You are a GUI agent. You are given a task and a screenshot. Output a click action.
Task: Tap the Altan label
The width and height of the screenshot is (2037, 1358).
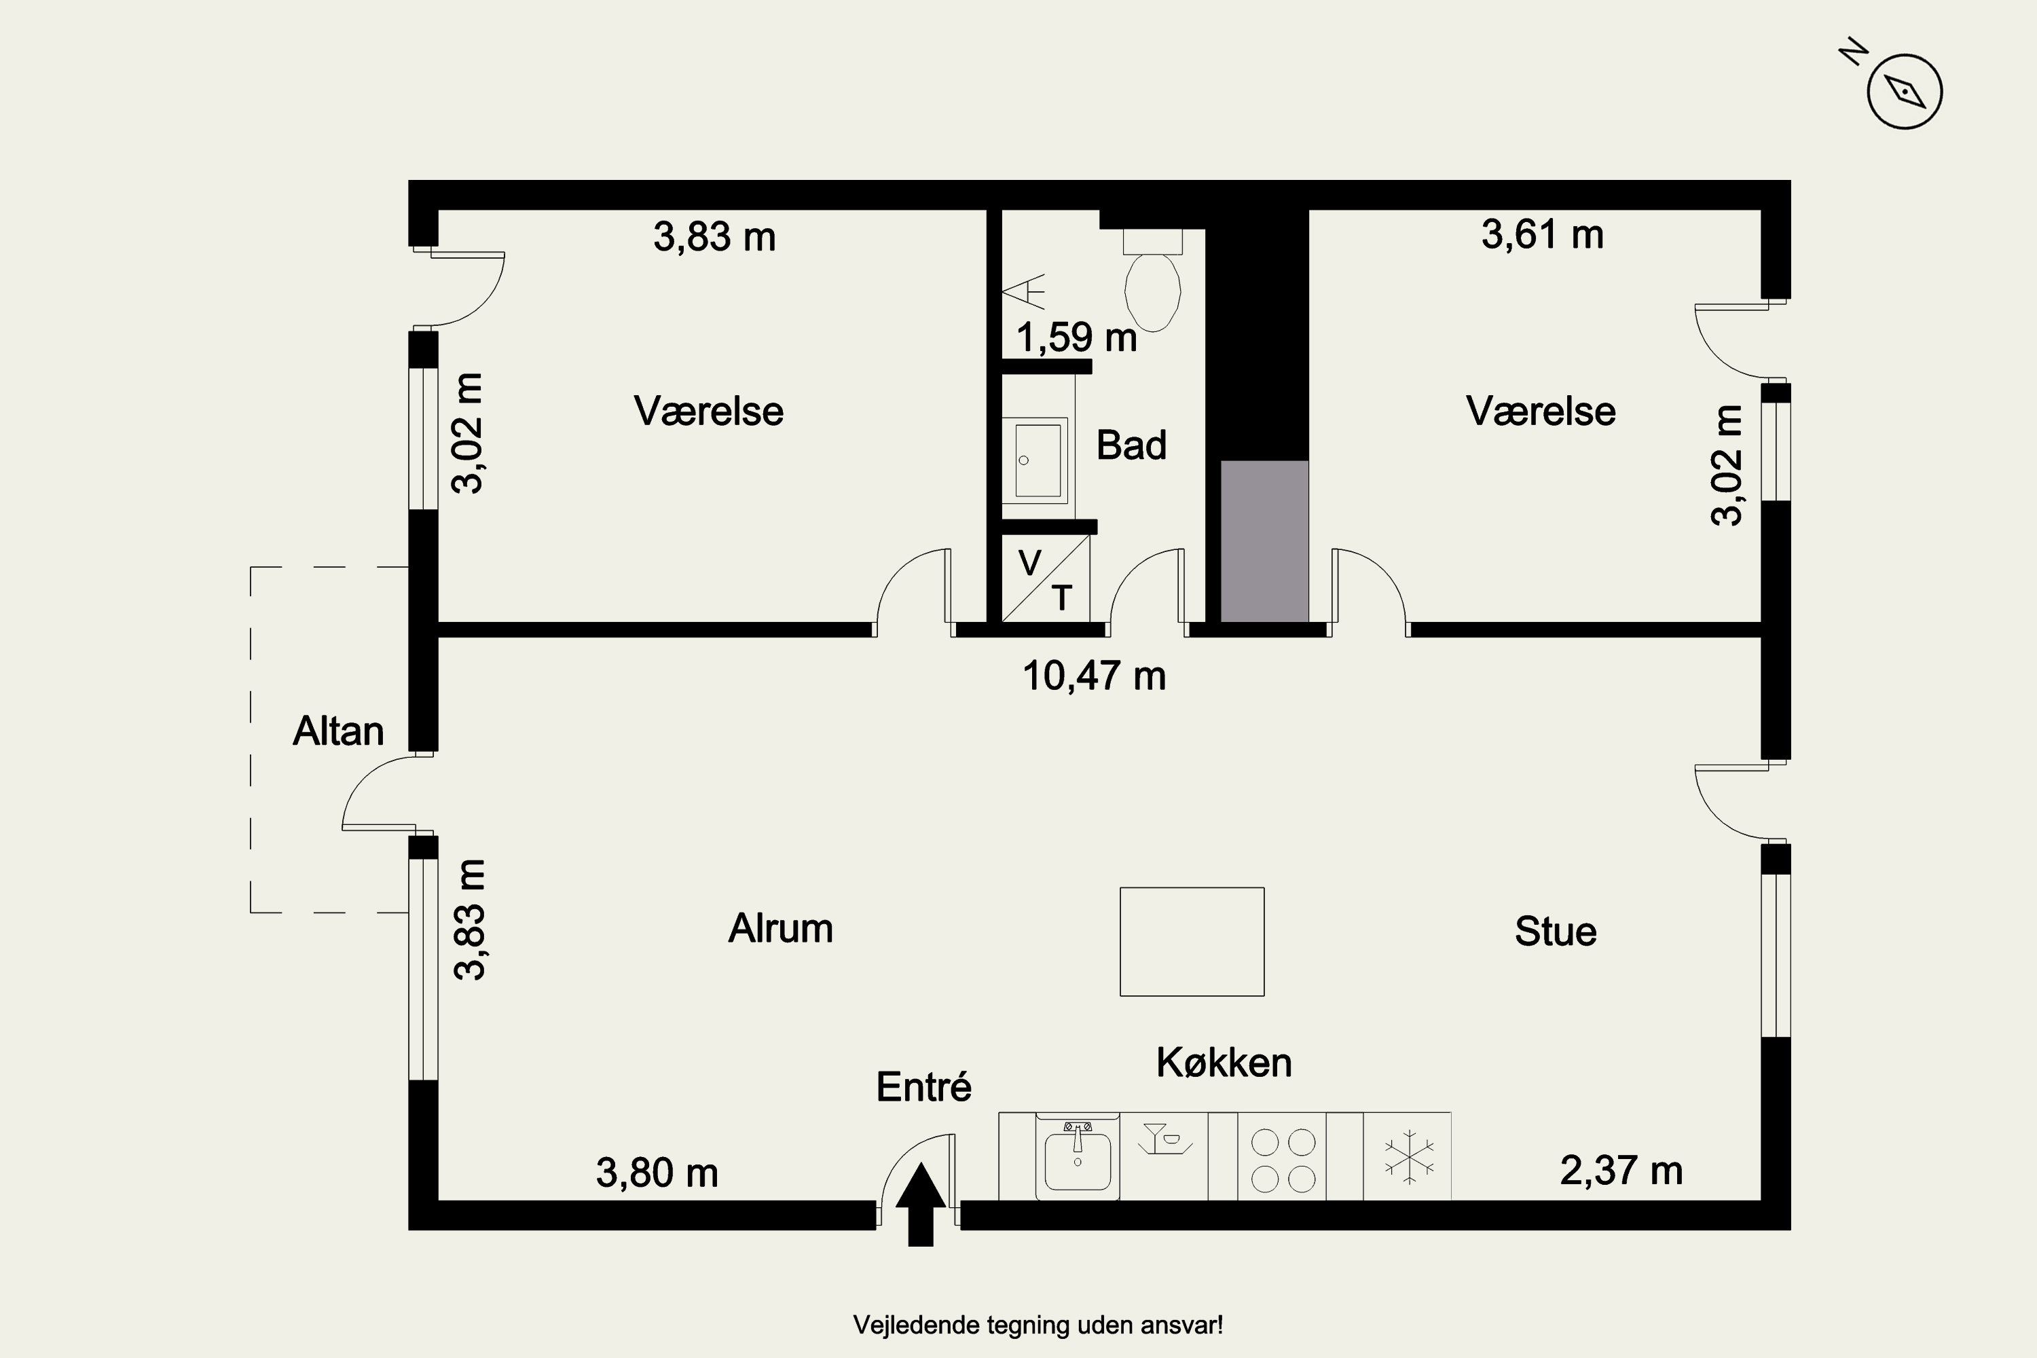coord(337,731)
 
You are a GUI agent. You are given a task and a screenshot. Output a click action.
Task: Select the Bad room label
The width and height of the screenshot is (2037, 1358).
coord(1131,445)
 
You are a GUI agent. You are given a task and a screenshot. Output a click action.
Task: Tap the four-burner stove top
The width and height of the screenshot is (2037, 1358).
coord(1283,1160)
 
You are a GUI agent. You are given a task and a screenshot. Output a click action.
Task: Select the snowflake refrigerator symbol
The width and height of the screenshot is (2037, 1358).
coord(1409,1156)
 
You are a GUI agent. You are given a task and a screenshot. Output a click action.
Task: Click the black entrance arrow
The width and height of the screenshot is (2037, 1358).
coord(921,1204)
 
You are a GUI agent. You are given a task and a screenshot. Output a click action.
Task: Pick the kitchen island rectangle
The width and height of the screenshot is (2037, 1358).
coord(1192,941)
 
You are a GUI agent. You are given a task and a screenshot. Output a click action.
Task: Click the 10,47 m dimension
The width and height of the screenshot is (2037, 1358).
coord(1094,676)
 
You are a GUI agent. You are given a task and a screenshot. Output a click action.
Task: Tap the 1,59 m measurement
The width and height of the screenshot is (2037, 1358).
coord(1076,337)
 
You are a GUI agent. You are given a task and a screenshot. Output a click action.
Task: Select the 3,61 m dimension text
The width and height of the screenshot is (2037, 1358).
coord(1543,234)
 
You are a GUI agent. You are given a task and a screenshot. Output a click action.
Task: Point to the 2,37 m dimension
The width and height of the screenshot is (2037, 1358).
coord(1621,1170)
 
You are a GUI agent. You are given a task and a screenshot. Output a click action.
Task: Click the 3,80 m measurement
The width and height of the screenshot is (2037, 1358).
coord(657,1173)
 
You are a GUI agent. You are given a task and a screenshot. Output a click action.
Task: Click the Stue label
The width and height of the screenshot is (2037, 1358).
coord(1556,931)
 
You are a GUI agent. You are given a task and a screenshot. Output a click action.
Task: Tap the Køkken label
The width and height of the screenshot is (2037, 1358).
coord(1224,1062)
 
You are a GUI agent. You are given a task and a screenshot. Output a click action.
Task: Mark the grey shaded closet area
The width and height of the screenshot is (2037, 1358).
coord(1264,541)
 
